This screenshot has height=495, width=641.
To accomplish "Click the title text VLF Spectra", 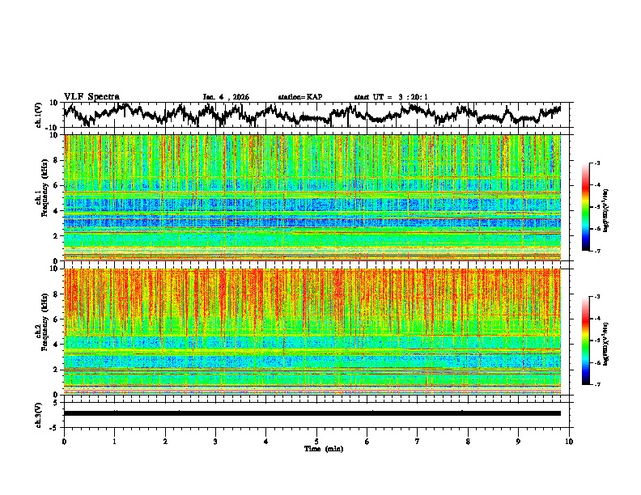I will [91, 96].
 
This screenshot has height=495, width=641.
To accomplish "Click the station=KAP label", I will [299, 97].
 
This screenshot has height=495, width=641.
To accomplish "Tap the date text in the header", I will [226, 97].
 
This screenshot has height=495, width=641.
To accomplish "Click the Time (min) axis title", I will [323, 448].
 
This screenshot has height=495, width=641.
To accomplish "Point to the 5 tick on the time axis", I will [317, 441].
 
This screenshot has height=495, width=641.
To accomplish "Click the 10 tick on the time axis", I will [570, 441].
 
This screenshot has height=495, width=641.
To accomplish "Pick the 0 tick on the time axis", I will [64, 441].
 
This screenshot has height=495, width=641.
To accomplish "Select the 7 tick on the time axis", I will [418, 441].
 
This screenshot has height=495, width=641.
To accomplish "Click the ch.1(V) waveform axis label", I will [39, 115].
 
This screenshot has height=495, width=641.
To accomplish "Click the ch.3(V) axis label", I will [39, 413].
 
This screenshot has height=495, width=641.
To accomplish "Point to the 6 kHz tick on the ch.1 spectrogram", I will [57, 185].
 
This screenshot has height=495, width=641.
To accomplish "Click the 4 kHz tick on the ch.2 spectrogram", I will [57, 344].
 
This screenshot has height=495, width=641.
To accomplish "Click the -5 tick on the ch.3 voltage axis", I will [55, 426].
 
